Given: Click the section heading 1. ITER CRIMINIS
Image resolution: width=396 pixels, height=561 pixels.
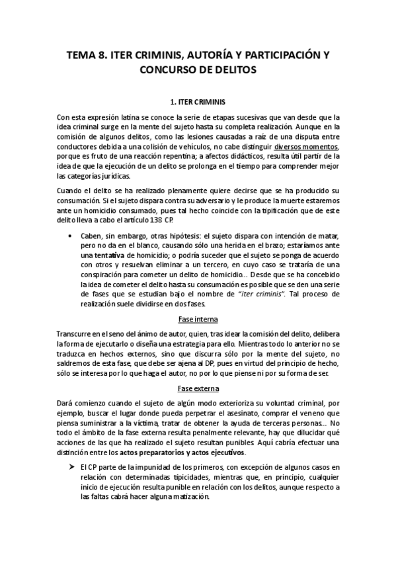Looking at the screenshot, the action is point(198,103).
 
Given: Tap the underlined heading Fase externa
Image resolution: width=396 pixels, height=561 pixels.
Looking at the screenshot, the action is point(198,389).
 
